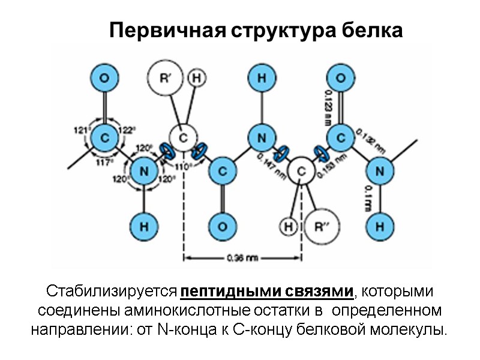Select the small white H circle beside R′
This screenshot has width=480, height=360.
(196, 78)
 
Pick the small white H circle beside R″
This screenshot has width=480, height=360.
(289, 226)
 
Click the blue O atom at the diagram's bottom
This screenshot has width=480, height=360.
(222, 226)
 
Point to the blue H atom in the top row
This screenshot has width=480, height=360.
(262, 78)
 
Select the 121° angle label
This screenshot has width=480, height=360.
(81, 129)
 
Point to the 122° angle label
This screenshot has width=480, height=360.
(127, 129)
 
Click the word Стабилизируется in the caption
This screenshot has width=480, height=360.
(112, 292)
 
